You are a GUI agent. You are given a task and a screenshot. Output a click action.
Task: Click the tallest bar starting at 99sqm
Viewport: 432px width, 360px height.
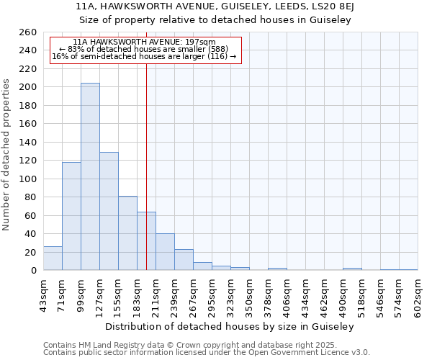pos(90,176)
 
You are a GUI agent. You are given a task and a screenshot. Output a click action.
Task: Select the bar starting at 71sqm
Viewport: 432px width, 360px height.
pos(71,216)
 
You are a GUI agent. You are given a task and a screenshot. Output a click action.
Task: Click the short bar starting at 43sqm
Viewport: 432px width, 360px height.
pos(53,258)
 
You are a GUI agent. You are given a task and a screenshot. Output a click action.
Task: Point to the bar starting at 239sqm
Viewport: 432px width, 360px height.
pos(184,260)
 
